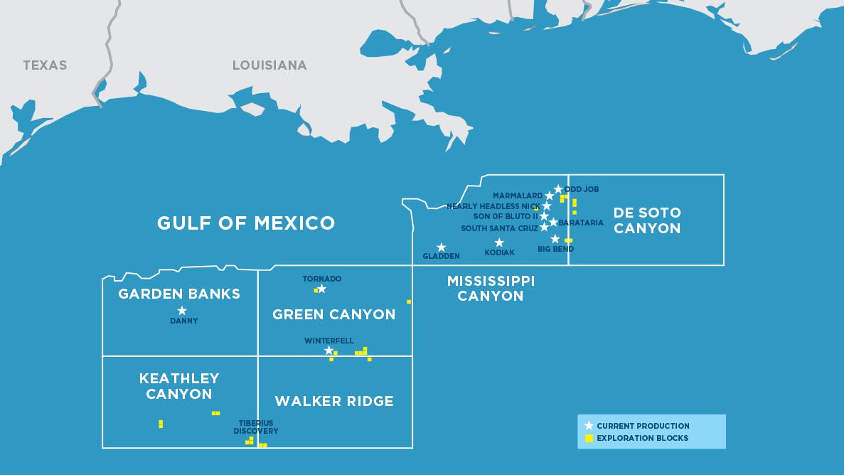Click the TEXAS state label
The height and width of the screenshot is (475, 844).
45,65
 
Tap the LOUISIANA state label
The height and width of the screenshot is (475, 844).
269,65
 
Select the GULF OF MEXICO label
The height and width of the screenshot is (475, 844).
246,223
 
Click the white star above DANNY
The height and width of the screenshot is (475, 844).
182,310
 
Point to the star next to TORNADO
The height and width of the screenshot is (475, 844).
321,289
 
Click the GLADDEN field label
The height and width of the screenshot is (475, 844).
441,256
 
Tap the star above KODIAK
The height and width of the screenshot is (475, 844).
499,242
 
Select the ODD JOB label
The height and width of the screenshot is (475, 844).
582,189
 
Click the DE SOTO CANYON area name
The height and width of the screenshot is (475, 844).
647,220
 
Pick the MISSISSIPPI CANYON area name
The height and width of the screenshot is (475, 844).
491,288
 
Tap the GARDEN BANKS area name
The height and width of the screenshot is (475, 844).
179,294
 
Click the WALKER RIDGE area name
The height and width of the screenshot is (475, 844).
334,401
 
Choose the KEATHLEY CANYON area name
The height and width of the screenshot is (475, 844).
179,386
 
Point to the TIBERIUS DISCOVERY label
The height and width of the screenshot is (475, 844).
256,427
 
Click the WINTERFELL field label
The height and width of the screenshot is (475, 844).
328,341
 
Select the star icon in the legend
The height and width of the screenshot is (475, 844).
589,426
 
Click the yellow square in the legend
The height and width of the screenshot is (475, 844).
589,438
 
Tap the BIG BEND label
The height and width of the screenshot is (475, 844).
556,250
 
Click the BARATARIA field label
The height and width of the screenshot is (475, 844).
581,223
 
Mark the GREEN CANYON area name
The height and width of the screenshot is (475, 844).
334,314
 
